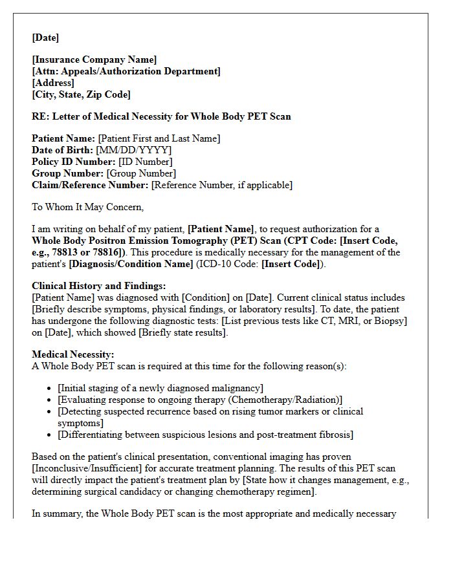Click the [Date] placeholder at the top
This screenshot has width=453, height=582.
pyautogui.click(x=45, y=38)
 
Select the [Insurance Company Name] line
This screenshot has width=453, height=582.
pyautogui.click(x=94, y=60)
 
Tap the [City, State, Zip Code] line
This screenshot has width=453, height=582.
pyautogui.click(x=81, y=94)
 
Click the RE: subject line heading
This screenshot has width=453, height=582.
pyautogui.click(x=161, y=116)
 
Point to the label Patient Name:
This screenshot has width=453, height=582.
pyautogui.click(x=63, y=138)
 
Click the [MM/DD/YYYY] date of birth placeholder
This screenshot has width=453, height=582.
pyautogui.click(x=134, y=150)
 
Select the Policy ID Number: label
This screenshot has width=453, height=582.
pyautogui.click(x=73, y=162)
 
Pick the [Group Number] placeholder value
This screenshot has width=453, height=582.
pyautogui.click(x=141, y=173)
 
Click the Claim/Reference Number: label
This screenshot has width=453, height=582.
pyautogui.click(x=90, y=185)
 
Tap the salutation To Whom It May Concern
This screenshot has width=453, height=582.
pyautogui.click(x=87, y=207)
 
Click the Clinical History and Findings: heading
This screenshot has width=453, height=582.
pyautogui.click(x=99, y=286)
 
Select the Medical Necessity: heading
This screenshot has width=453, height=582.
pyautogui.click(x=73, y=354)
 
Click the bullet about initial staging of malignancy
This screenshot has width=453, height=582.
pyautogui.click(x=160, y=388)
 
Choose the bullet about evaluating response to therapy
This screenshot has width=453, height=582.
pyautogui.click(x=200, y=400)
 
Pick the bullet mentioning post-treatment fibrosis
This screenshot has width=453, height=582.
pyautogui.click(x=205, y=435)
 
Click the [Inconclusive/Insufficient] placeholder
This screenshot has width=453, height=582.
pyautogui.click(x=88, y=468)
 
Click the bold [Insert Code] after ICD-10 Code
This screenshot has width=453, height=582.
pyautogui.click(x=290, y=264)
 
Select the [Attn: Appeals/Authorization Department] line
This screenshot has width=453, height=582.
pyautogui.click(x=126, y=72)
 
